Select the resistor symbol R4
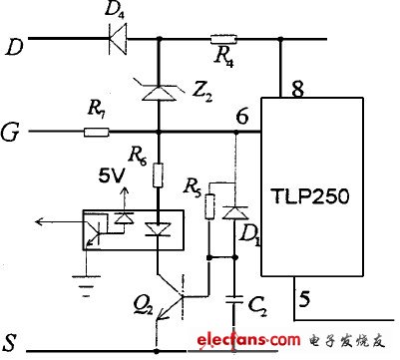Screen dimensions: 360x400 coord(221,42)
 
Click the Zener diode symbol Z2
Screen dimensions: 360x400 coord(158,93)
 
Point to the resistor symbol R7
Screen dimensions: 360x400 coord(97,132)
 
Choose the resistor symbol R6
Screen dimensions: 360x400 coord(158,178)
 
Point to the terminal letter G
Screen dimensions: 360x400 coord(12,131)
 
